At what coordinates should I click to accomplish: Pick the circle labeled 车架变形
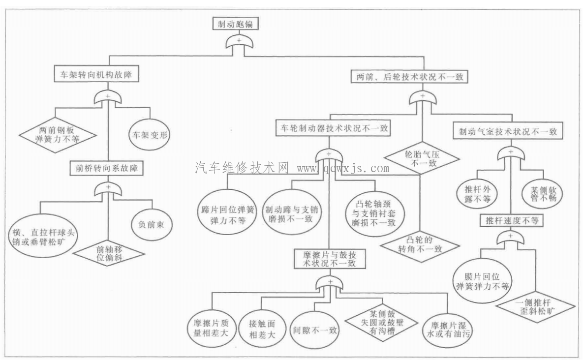[149, 134]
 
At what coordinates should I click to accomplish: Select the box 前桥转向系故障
[106, 169]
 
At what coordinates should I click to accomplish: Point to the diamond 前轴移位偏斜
[109, 252]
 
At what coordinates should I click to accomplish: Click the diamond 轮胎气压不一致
[422, 159]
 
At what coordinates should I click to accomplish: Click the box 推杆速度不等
[511, 221]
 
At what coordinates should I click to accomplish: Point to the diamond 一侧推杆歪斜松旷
[535, 307]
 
